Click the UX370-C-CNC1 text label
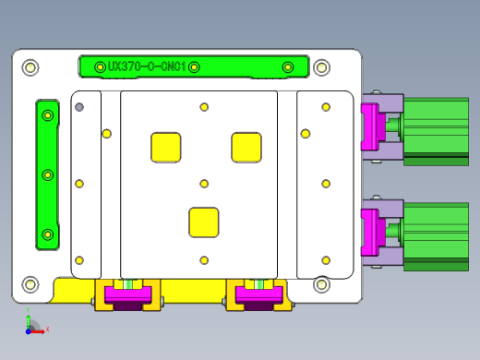pyautogui.click(x=147, y=66)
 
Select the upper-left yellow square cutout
pyautogui.click(x=166, y=148)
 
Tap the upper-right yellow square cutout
pyautogui.click(x=246, y=148)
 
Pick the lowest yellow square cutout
pyautogui.click(x=204, y=222)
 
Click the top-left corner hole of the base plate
pyautogui.click(x=30, y=67)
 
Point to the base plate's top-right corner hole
pyautogui.click(x=321, y=67)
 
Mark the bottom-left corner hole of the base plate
pyautogui.click(x=30, y=284)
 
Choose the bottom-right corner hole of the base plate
pyautogui.click(x=321, y=284)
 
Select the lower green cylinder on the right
pyautogui.click(x=436, y=232)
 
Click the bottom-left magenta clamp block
pyautogui.click(x=128, y=294)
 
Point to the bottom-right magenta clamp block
pyautogui.click(x=259, y=294)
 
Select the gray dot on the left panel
pyautogui.click(x=79, y=107)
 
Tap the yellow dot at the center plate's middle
pyautogui.click(x=204, y=184)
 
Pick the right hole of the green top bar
pyautogui.click(x=288, y=66)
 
